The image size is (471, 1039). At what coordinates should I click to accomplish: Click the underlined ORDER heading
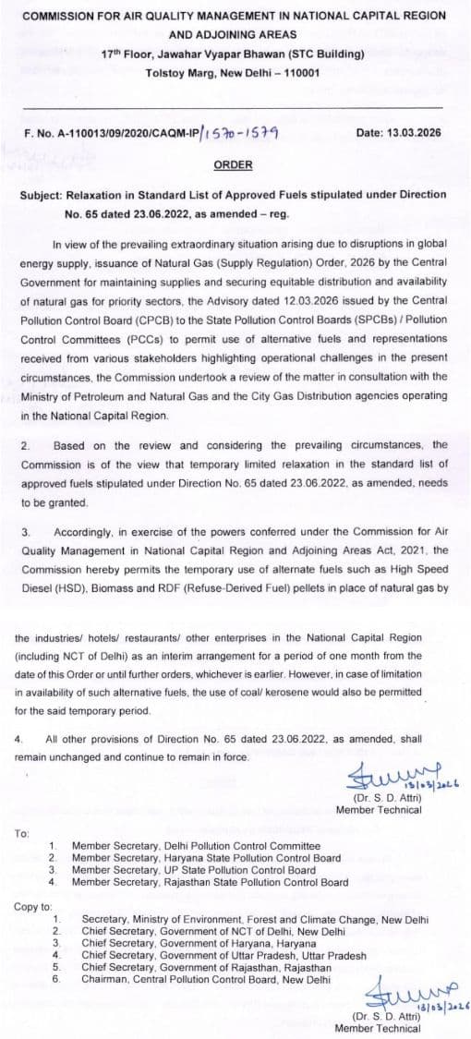pos(232,165)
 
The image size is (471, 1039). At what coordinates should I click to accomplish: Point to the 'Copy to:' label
pos(33,906)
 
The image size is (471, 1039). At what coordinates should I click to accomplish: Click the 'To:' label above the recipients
pos(22,833)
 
